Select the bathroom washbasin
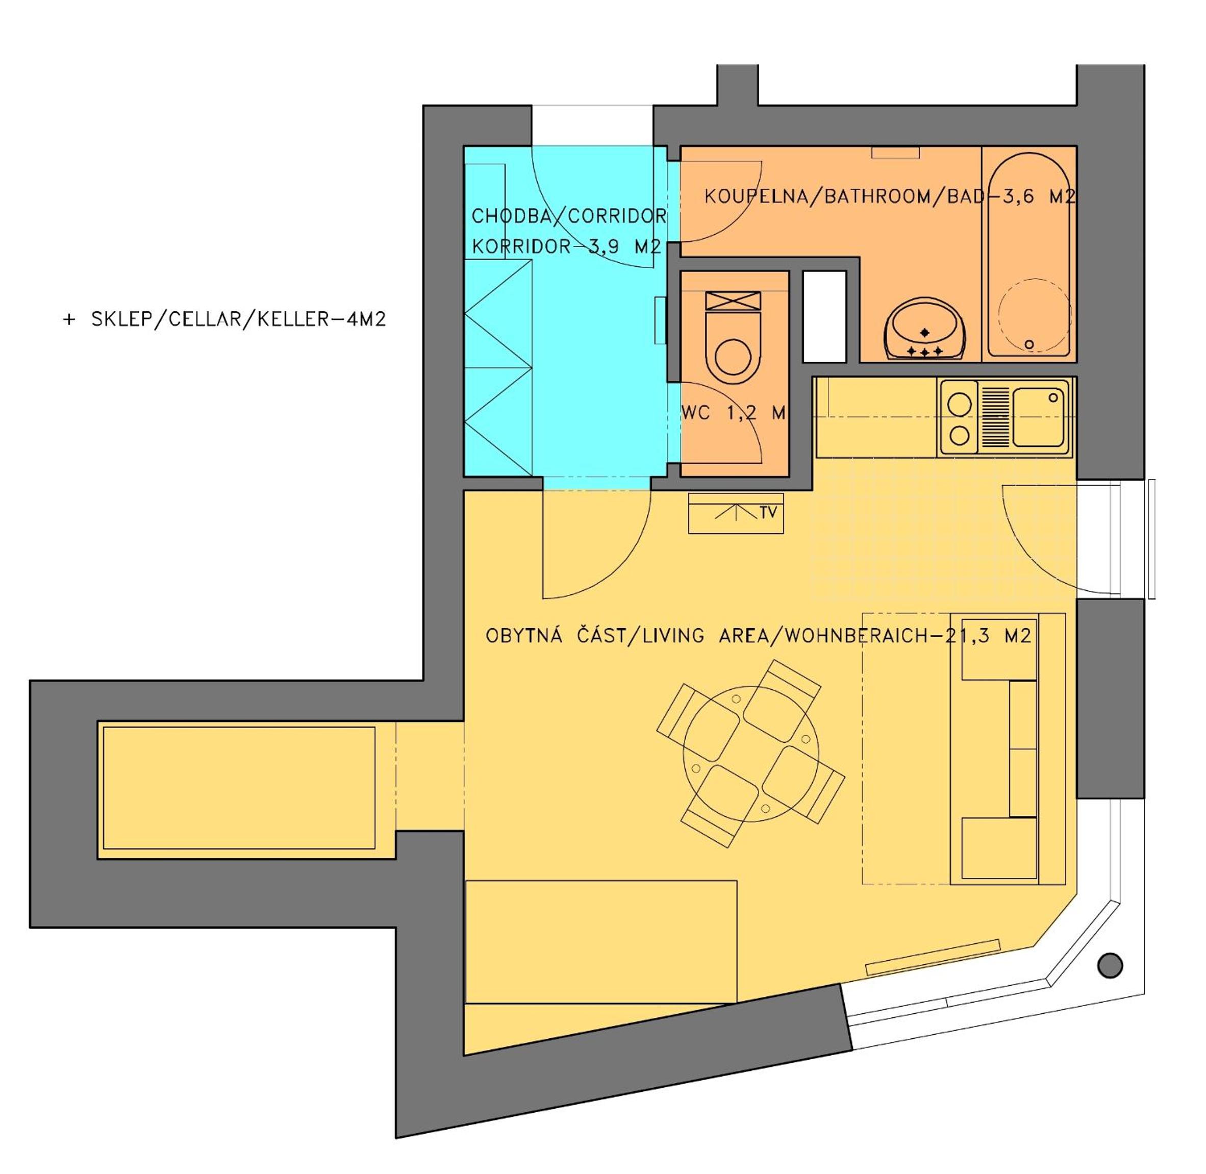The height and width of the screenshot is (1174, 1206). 924,329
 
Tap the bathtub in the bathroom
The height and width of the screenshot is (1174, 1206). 1029,254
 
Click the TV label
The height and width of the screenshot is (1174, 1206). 768,512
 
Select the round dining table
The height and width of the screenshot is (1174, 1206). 751,754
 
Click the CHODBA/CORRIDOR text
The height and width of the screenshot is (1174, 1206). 568,216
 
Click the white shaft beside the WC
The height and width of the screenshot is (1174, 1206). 824,316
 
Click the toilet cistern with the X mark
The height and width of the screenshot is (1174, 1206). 733,301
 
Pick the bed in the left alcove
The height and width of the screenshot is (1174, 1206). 239,788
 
